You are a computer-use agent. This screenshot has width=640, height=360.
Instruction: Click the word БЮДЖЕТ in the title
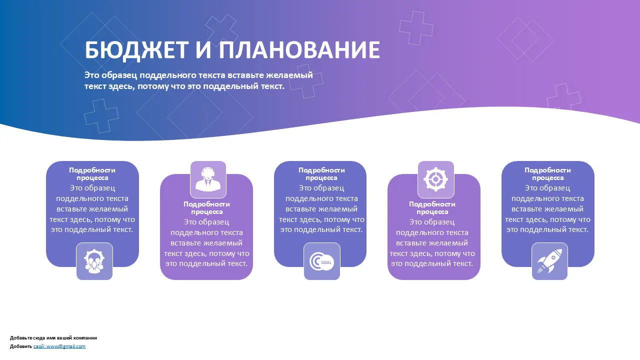tap(136, 50)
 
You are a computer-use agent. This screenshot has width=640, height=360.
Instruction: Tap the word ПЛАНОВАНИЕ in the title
tap(299, 49)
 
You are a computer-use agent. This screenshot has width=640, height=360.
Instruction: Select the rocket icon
tap(549, 261)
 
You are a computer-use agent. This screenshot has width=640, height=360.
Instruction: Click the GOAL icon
tap(321, 261)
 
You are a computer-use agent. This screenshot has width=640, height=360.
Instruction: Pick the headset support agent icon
tap(208, 179)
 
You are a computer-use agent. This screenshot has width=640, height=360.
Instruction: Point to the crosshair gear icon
tap(435, 179)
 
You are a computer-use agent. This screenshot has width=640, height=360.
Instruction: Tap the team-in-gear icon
tap(94, 261)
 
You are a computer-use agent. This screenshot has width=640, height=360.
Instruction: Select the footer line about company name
tap(53, 338)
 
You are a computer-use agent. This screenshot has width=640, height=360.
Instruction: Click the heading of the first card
tap(92, 174)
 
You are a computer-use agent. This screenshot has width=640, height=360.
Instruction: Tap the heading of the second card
tap(206, 208)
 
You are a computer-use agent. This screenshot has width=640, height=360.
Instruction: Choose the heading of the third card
tap(321, 174)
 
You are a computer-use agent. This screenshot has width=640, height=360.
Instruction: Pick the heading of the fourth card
tap(432, 208)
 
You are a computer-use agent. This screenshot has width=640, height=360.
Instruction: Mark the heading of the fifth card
tap(547, 174)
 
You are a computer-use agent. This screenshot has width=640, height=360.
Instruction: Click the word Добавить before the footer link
tap(21, 346)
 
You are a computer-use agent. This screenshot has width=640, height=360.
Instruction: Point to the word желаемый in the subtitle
tap(289, 75)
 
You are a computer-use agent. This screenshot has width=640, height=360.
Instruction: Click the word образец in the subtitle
tap(119, 75)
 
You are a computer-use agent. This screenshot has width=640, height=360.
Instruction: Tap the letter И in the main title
tap(203, 50)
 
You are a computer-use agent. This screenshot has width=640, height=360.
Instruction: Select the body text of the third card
tap(321, 209)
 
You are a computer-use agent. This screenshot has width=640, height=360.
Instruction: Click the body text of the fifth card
tap(547, 209)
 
